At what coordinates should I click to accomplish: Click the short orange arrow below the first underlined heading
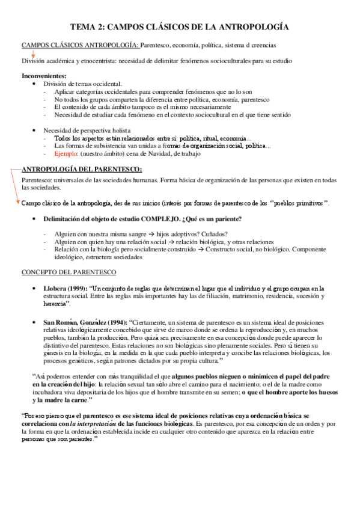(32, 54)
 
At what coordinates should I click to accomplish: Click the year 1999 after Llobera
(75, 289)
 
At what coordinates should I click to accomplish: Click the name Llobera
(55, 289)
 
